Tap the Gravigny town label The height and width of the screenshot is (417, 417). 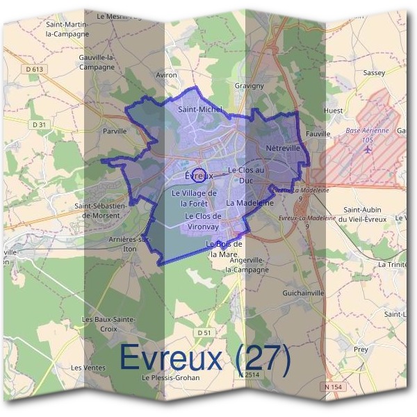tap(249, 86)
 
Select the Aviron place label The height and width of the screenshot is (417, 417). tap(167, 74)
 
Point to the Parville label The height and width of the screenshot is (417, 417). tap(115, 130)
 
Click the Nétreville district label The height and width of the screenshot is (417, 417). tap(282, 149)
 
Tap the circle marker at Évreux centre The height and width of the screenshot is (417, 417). tap(198, 175)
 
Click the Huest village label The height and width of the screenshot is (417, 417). tap(333, 111)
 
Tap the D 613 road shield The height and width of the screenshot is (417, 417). tap(33, 69)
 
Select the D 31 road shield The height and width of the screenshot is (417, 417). tap(39, 124)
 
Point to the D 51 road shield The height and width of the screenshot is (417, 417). tap(204, 333)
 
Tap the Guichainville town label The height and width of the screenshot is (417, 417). tap(304, 293)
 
